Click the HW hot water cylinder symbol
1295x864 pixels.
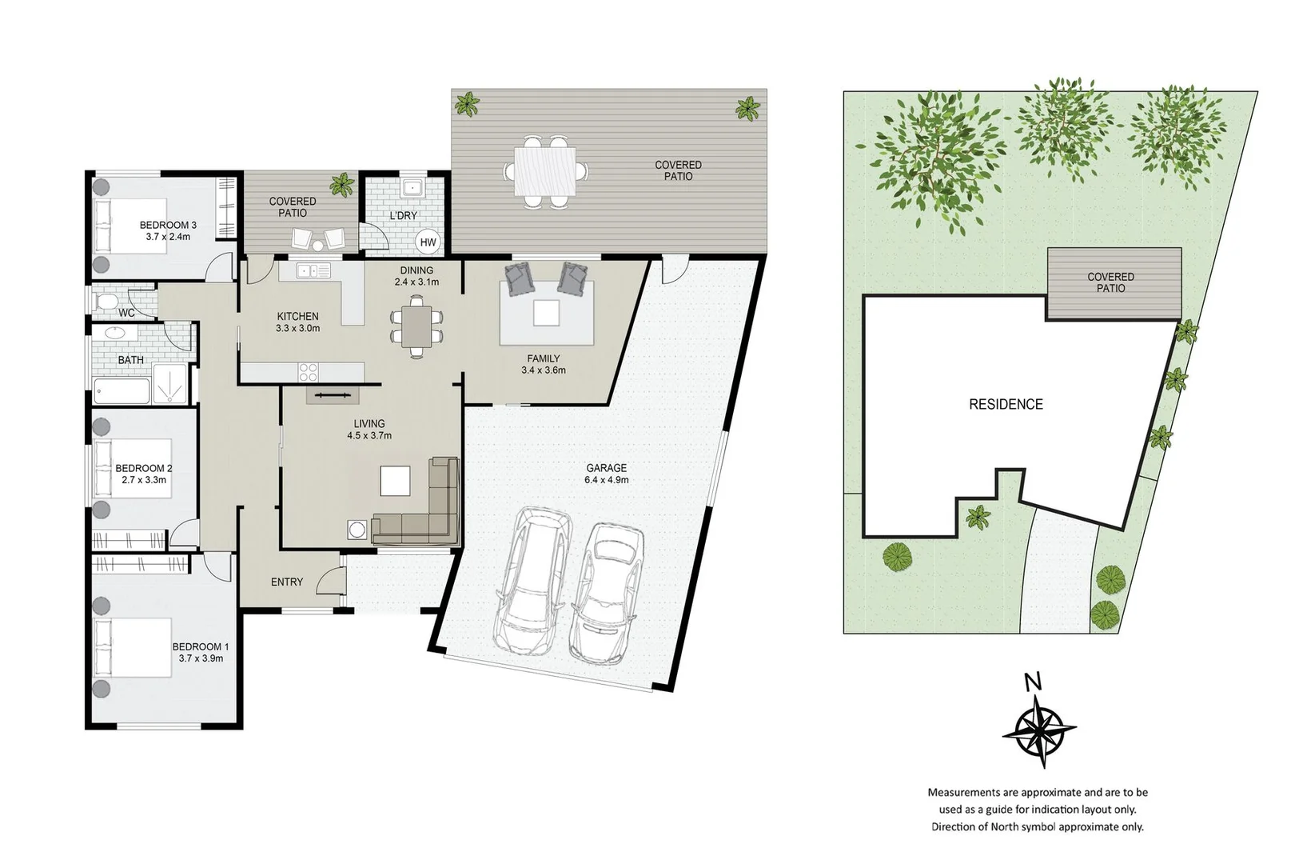click(428, 242)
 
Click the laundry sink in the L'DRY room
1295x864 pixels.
click(412, 189)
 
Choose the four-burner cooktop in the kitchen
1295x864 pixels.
click(308, 372)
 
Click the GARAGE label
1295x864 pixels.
click(606, 468)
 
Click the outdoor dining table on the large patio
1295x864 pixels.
click(545, 173)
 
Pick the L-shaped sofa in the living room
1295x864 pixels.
click(424, 508)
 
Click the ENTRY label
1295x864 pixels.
click(286, 582)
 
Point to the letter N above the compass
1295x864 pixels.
click(1033, 682)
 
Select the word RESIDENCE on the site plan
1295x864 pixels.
click(1006, 405)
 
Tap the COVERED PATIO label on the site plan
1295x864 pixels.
click(1110, 282)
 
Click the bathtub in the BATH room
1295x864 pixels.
click(122, 392)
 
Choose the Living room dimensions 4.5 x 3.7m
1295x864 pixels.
click(369, 436)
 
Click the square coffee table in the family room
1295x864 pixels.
click(547, 313)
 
